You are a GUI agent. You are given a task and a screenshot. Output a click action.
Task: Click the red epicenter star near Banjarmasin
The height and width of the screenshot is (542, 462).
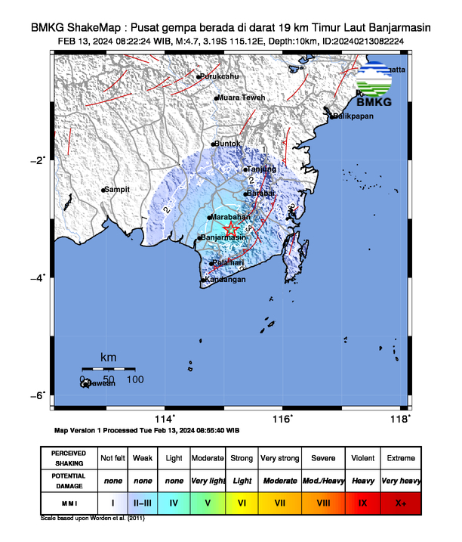tap(232, 228)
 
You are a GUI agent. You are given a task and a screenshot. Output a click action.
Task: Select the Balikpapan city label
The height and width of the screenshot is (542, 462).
tap(354, 116)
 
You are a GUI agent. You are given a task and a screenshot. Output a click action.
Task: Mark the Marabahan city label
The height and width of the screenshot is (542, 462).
tap(231, 217)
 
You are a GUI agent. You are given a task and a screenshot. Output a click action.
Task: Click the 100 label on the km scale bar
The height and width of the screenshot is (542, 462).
tap(135, 378)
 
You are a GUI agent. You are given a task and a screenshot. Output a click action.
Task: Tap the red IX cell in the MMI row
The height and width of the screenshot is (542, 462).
tap(362, 502)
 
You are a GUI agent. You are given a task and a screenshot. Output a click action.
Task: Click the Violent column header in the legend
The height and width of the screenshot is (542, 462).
tap(362, 458)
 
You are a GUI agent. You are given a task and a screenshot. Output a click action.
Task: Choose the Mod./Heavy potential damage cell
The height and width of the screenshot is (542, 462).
tap(323, 480)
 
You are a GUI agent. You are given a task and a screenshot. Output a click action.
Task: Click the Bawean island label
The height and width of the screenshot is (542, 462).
tap(101, 384)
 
